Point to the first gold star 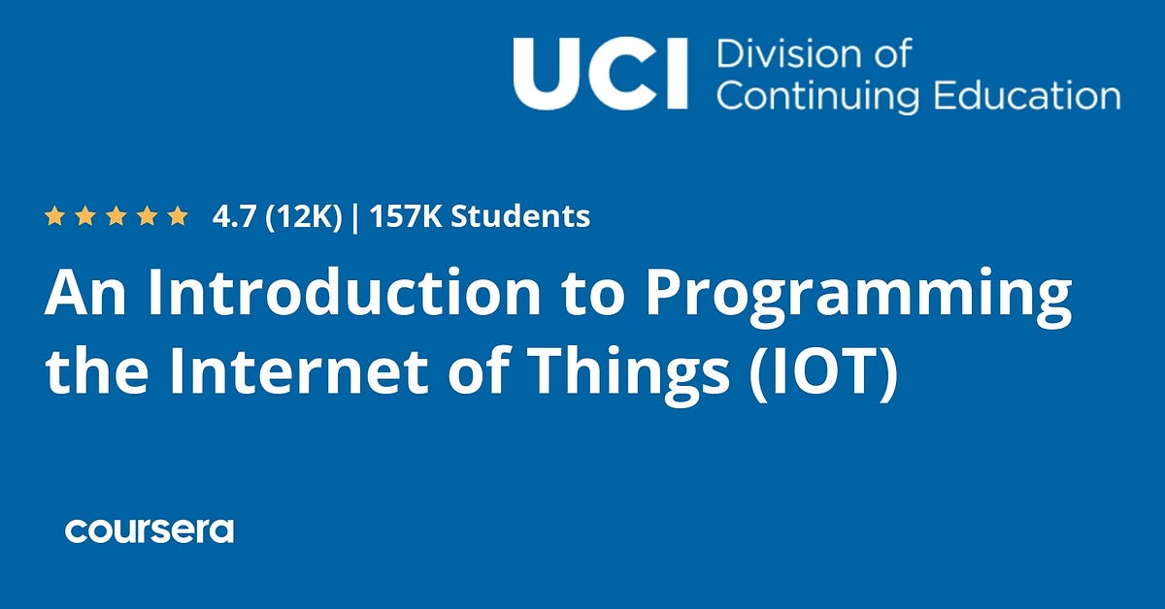[54, 216]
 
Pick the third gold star [116, 216]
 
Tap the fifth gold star [177, 216]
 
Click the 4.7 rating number [233, 216]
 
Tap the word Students [520, 216]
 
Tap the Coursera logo [150, 530]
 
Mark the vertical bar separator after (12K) [355, 216]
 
